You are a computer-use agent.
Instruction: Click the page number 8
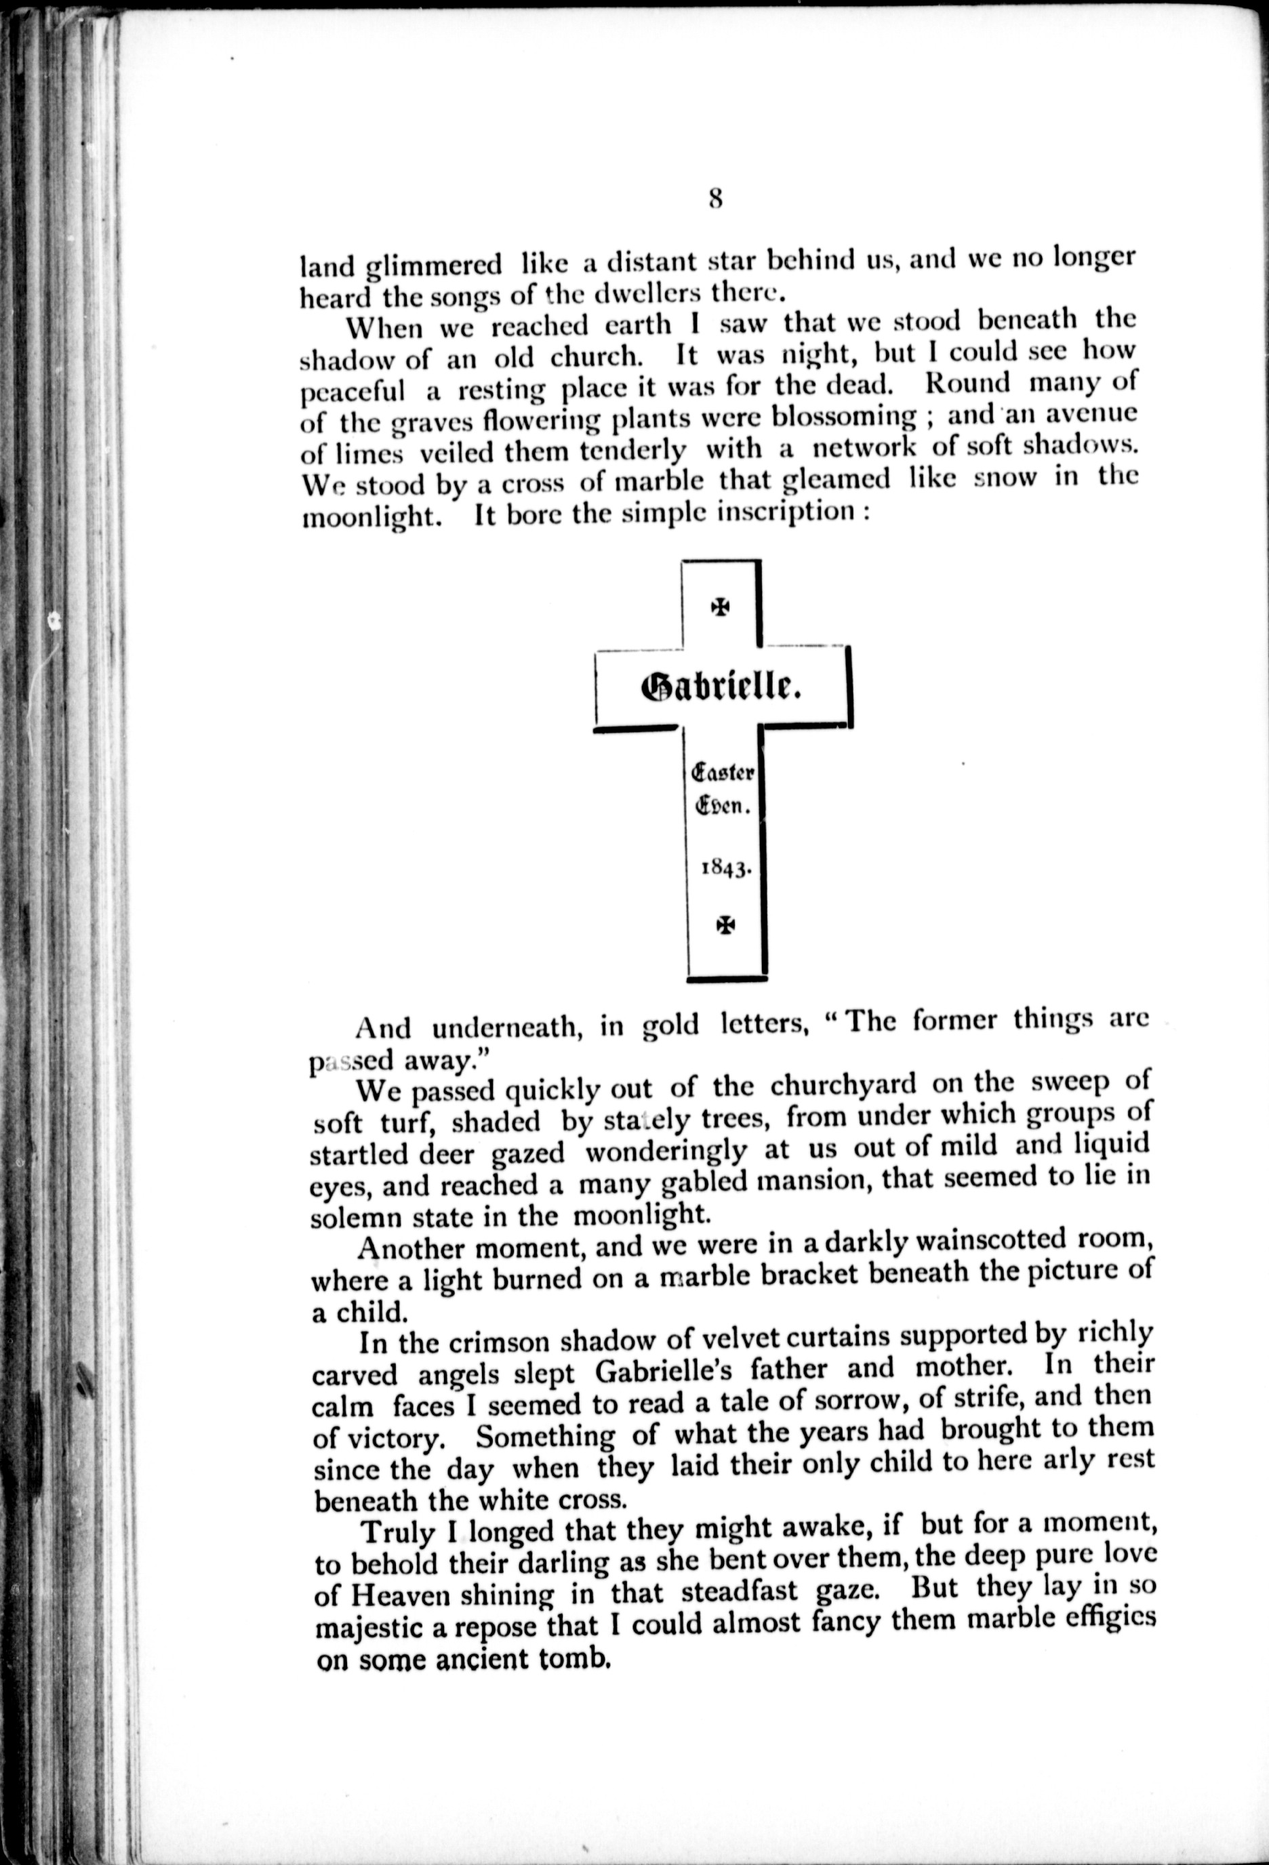pyautogui.click(x=716, y=198)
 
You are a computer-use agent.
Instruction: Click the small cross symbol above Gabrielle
pyautogui.click(x=721, y=607)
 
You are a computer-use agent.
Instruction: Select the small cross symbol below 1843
pyautogui.click(x=725, y=925)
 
